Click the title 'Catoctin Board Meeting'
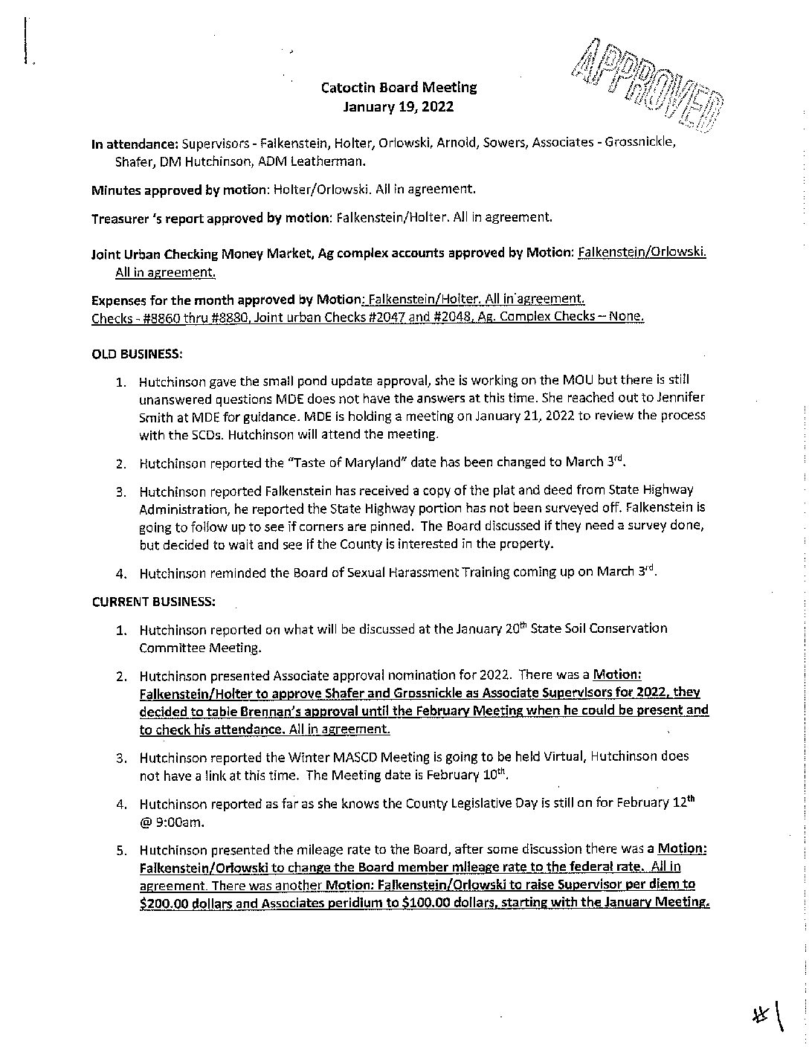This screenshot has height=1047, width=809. coord(399,87)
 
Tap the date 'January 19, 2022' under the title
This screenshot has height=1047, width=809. coord(399,106)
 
